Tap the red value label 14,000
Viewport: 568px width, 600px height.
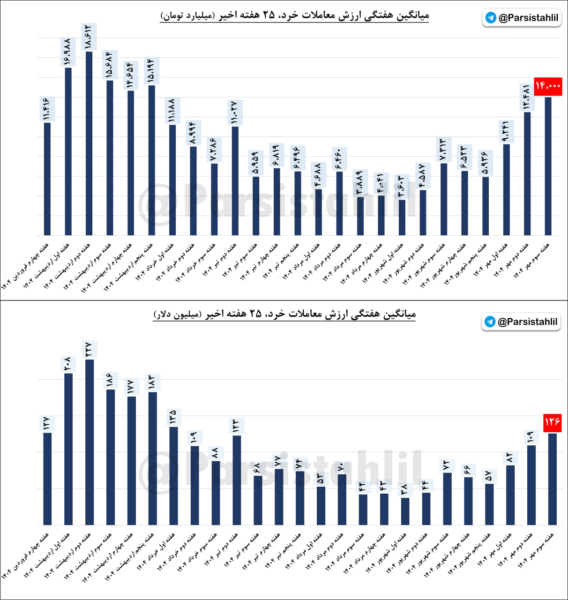coord(548,86)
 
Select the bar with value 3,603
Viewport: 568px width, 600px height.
coord(402,217)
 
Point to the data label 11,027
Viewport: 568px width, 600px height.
coord(234,112)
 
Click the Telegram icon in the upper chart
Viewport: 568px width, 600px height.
coord(491,18)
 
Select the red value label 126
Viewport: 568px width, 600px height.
coord(552,422)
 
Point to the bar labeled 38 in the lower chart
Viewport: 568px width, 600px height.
coord(405,511)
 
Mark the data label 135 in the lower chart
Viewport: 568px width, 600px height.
coord(173,417)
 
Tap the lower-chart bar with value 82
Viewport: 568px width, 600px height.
coord(510,495)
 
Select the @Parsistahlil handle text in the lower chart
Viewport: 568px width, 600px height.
coord(527,322)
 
